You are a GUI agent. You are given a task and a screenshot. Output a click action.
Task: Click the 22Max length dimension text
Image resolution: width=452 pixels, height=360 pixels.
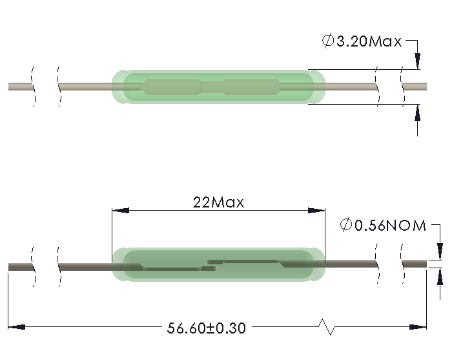point(218,202)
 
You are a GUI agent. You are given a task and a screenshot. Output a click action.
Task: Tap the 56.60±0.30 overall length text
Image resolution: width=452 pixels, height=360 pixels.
point(207,328)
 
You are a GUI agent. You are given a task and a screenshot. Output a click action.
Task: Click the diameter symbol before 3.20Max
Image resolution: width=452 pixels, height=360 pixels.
point(328,42)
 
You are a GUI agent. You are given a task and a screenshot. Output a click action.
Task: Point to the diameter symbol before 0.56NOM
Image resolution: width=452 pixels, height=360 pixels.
point(345,225)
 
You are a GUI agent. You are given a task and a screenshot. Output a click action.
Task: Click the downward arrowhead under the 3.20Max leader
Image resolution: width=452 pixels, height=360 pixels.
point(417,62)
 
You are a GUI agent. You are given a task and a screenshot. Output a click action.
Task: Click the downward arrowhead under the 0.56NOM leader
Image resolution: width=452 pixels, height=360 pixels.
point(439,252)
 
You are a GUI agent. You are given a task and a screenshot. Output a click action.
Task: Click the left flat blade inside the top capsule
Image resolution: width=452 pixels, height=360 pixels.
point(172,87)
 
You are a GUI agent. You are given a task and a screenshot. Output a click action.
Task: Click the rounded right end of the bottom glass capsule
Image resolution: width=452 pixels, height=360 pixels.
point(320,265)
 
